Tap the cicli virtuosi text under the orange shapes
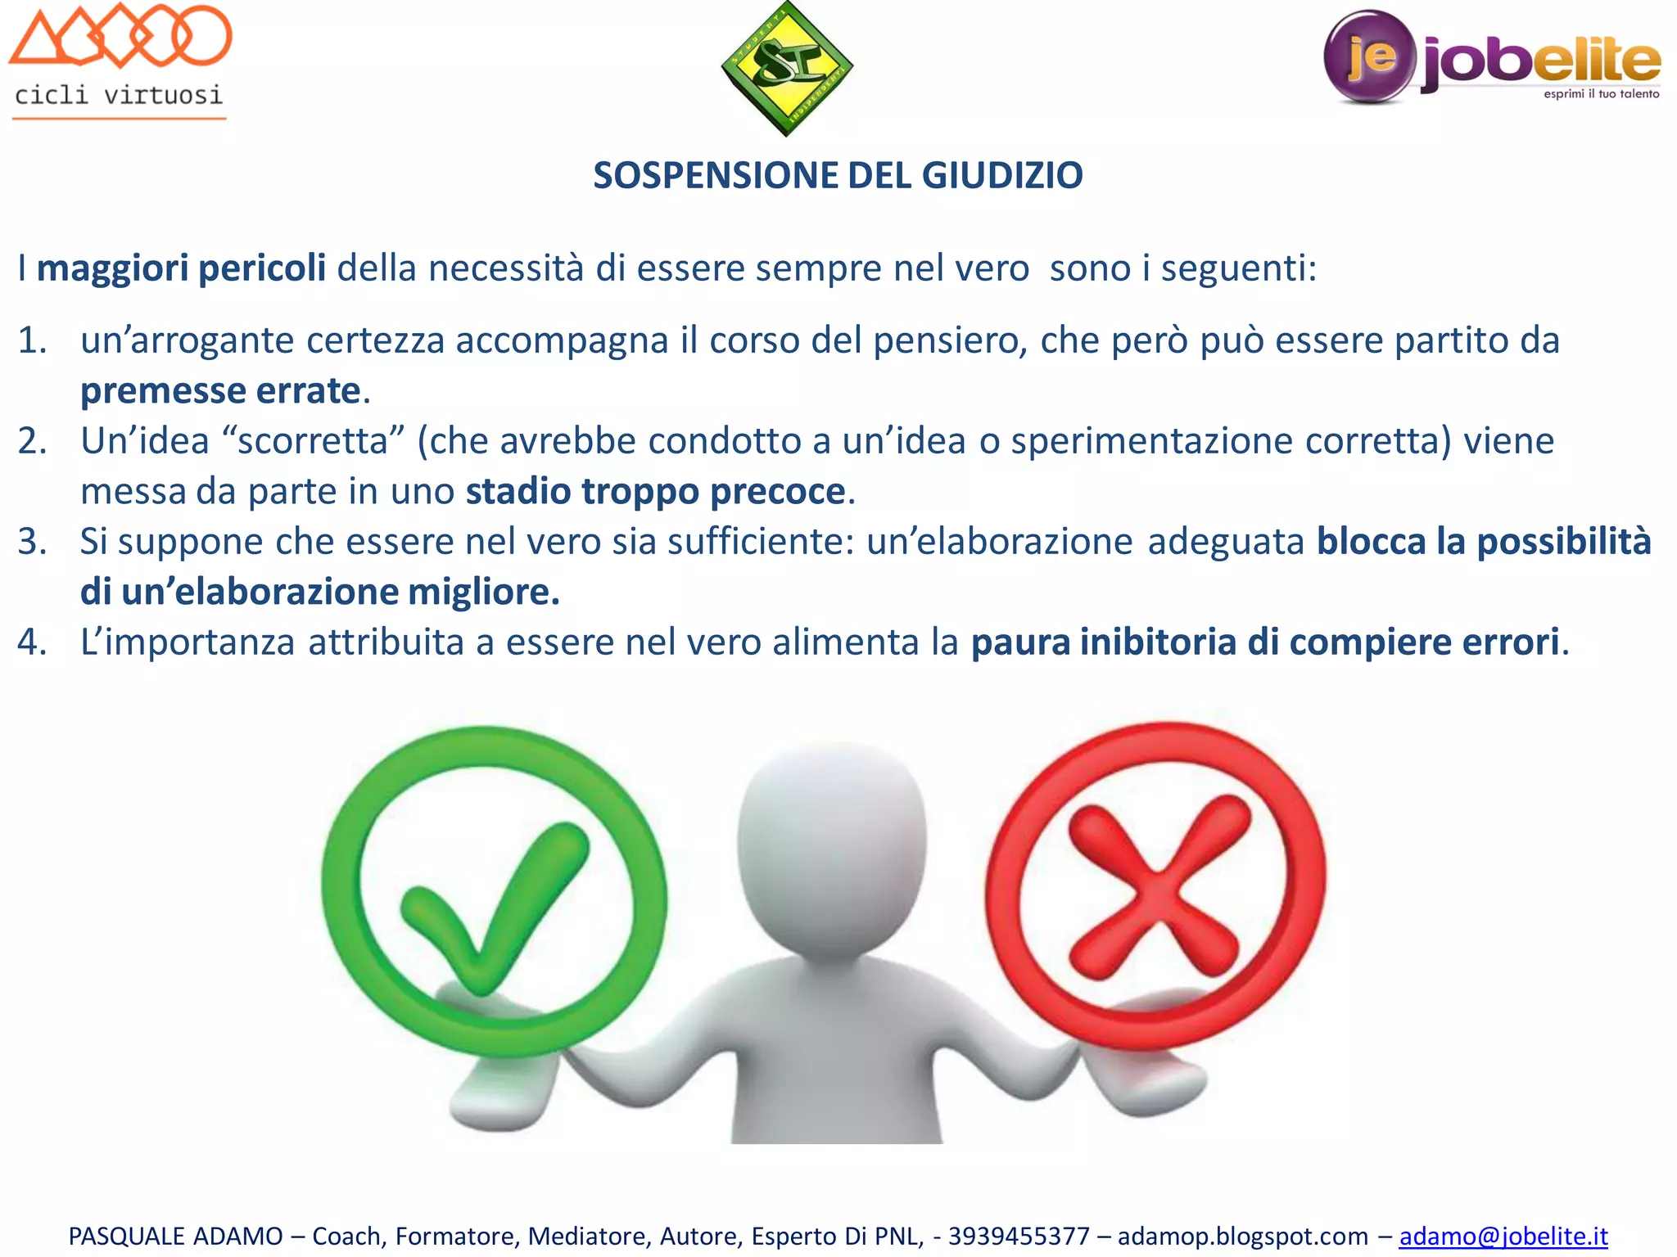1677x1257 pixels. (119, 96)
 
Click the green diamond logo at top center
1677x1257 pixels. (787, 67)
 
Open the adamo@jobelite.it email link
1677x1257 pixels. (1503, 1236)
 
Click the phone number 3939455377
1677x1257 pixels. (1019, 1236)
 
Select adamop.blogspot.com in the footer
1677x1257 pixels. (1242, 1236)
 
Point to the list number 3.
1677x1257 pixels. (31, 542)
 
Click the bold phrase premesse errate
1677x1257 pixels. (220, 391)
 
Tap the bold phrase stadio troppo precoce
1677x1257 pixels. (655, 492)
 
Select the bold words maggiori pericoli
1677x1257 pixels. (181, 268)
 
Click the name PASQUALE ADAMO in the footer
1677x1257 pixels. (175, 1236)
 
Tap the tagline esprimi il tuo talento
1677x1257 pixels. (1601, 94)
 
